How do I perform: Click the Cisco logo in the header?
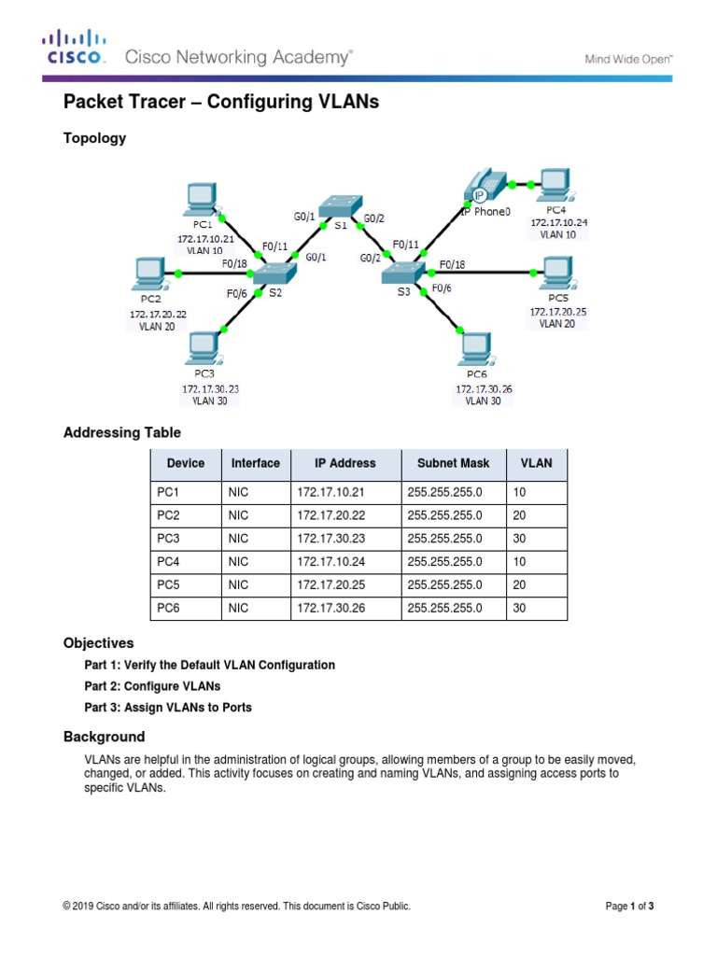74,48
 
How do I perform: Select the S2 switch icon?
274,273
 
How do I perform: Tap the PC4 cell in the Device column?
168,562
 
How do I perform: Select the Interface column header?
255,463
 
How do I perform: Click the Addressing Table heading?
121,432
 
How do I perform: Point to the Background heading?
104,737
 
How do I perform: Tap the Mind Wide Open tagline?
628,59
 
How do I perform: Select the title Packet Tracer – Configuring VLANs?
220,103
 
